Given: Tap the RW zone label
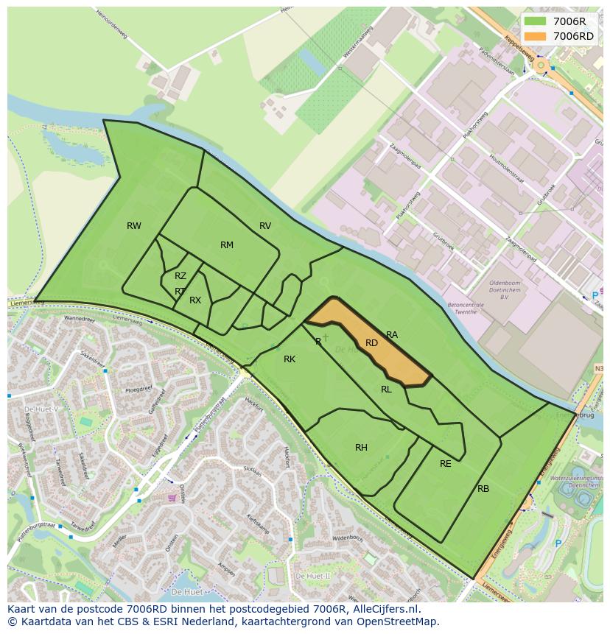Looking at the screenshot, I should (x=133, y=226).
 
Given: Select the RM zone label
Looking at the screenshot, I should (x=227, y=245).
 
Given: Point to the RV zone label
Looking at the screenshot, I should (x=265, y=226).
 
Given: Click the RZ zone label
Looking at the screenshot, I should (x=180, y=276).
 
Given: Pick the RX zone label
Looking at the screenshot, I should (x=195, y=300).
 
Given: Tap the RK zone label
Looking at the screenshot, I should (x=290, y=359).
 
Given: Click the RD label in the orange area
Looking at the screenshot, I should (x=371, y=343).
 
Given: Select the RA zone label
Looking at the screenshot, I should (x=392, y=335).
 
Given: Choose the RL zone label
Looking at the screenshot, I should (x=386, y=390).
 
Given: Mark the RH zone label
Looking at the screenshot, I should (x=361, y=448).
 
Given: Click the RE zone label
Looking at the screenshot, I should (x=445, y=464).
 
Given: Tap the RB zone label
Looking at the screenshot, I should (x=483, y=489).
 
